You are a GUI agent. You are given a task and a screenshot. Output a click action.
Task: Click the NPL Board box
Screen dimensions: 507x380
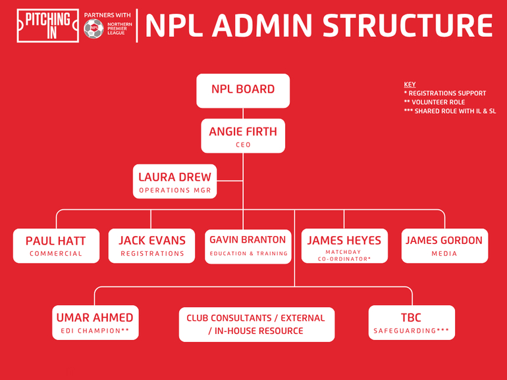coord(243,91)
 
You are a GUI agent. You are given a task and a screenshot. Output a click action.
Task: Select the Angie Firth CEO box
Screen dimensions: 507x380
coord(243,136)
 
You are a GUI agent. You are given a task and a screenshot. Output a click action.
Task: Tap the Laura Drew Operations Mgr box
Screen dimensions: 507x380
coord(175,181)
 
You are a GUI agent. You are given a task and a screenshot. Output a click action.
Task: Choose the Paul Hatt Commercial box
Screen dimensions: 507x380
coord(56,246)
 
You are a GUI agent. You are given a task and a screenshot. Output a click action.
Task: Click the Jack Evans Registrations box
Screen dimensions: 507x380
coord(151,246)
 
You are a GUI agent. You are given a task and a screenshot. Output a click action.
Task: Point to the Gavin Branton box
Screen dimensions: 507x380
coord(248,247)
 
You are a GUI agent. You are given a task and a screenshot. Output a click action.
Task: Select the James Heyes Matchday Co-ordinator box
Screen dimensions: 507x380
coord(344,246)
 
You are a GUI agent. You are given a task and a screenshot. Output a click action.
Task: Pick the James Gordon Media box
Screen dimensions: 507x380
coord(444,246)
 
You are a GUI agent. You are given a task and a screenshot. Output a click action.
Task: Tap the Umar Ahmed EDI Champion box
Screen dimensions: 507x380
coord(95,323)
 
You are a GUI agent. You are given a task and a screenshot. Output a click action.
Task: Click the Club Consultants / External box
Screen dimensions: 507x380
coord(257,324)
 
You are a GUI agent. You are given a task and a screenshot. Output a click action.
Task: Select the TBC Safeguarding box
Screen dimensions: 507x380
coord(412,323)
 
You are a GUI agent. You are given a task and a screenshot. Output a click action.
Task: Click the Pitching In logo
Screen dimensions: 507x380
coord(48,26)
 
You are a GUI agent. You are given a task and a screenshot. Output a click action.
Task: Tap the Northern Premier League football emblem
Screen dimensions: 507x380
coord(93,28)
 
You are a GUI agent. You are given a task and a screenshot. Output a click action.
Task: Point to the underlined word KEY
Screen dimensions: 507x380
coord(410,85)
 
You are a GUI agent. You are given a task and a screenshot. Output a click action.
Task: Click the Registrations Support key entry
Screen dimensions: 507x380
coord(445,93)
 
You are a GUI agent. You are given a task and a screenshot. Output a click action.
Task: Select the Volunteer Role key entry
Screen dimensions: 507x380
coord(435,103)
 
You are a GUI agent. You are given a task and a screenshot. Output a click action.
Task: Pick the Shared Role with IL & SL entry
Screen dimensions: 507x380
coord(450,111)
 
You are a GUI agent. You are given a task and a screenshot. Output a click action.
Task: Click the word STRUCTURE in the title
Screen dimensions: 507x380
coord(408,26)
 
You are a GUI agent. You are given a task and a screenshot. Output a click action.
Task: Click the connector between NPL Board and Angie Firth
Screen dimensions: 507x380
coord(243,113)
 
